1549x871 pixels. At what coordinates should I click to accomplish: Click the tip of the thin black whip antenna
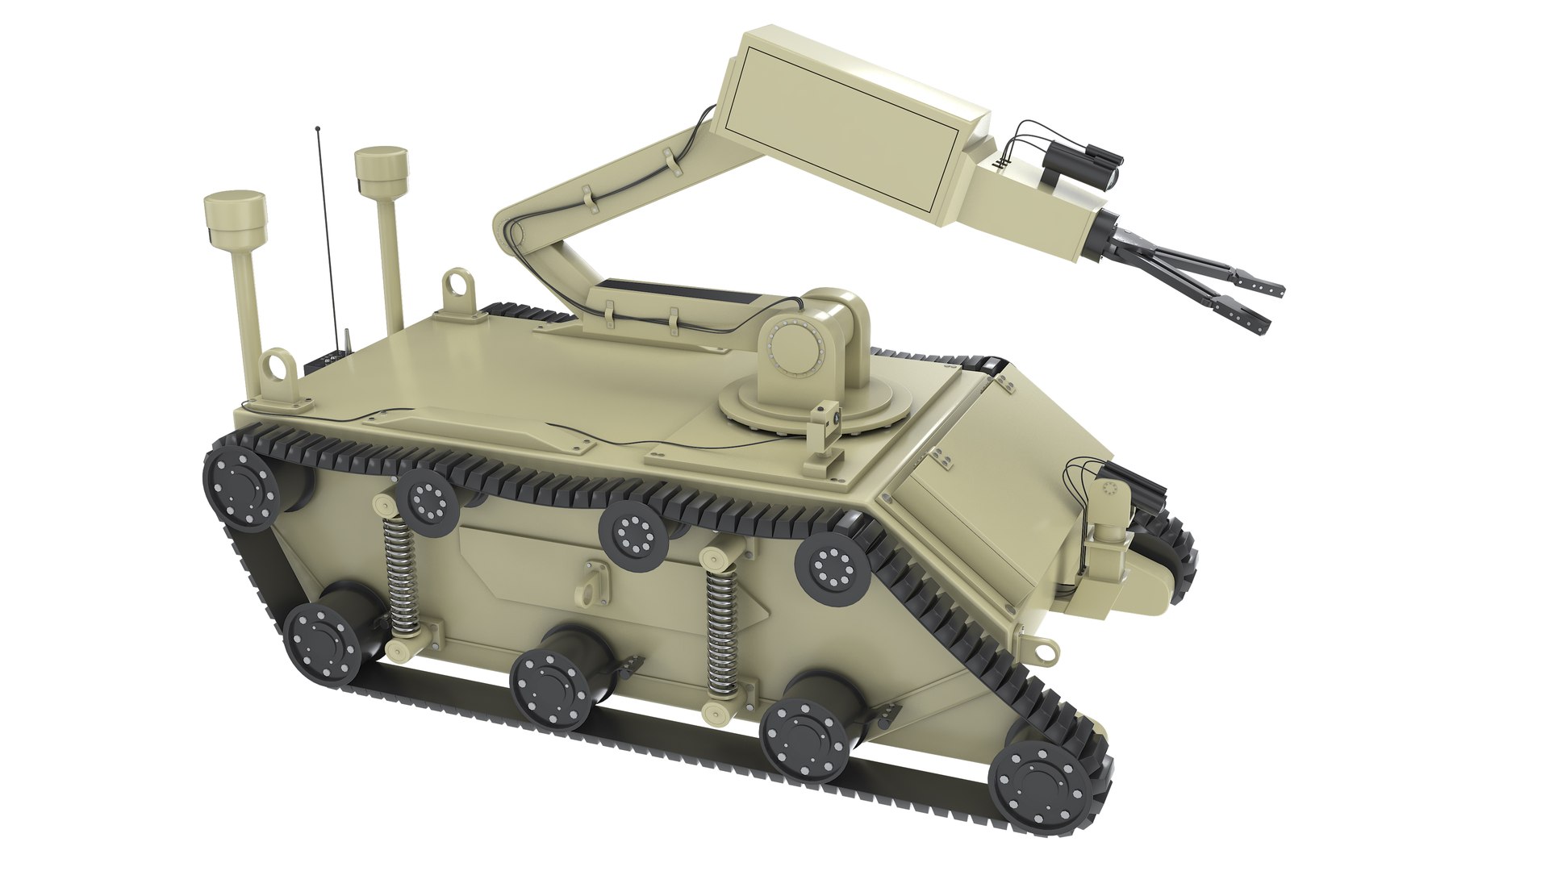point(318,128)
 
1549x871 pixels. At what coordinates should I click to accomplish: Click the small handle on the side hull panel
point(590,586)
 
